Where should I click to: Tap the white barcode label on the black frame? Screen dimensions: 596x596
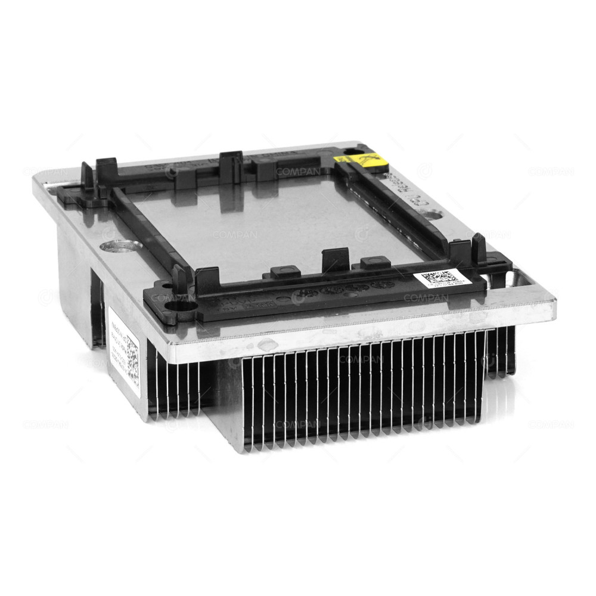(x=440, y=280)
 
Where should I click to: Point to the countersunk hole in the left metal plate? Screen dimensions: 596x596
(x=121, y=245)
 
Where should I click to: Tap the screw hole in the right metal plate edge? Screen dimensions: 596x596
(x=511, y=278)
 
